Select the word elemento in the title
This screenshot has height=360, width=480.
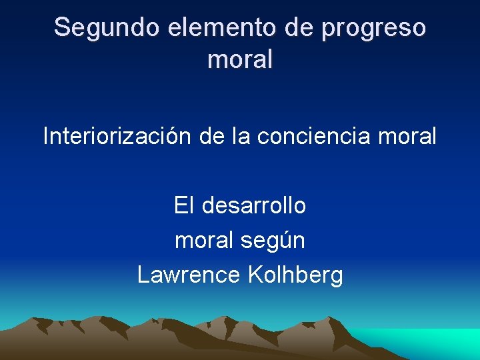pos(199,28)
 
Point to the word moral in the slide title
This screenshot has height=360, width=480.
pos(240,60)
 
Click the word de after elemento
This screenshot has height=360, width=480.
pos(282,28)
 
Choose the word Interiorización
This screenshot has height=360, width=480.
pos(117,137)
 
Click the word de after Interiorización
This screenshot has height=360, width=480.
pos(213,137)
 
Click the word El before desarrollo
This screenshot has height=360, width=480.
pos(182,206)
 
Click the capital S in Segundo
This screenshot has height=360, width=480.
pos(61,28)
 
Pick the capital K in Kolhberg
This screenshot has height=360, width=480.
pos(254,275)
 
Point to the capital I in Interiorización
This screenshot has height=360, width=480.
pos(45,137)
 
